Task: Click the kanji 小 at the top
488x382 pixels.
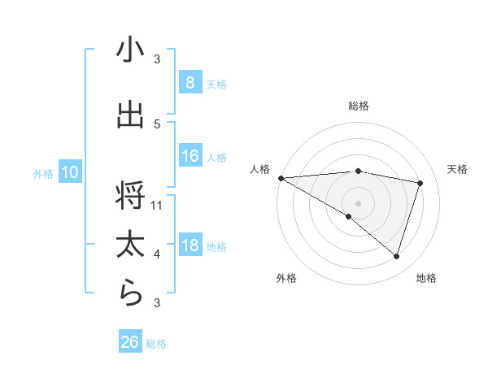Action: tap(130, 50)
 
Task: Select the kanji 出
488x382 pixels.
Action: tap(130, 115)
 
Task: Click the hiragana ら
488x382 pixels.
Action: tap(130, 294)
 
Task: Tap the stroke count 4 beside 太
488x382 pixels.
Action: tap(157, 254)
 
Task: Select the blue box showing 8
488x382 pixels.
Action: tap(190, 82)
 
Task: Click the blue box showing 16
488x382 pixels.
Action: tap(190, 156)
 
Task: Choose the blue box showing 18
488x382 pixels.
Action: tap(190, 245)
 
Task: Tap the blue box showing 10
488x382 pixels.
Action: tap(69, 172)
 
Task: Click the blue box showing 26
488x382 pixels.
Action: tap(130, 342)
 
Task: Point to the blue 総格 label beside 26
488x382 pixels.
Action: tap(156, 344)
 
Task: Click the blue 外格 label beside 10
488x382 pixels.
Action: tap(43, 173)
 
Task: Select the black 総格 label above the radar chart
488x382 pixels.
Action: tap(358, 106)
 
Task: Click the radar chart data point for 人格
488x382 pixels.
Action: tap(281, 178)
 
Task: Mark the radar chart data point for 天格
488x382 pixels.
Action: tap(420, 183)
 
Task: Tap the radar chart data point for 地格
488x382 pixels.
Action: tap(396, 256)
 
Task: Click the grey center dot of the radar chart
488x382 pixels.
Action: tap(358, 202)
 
